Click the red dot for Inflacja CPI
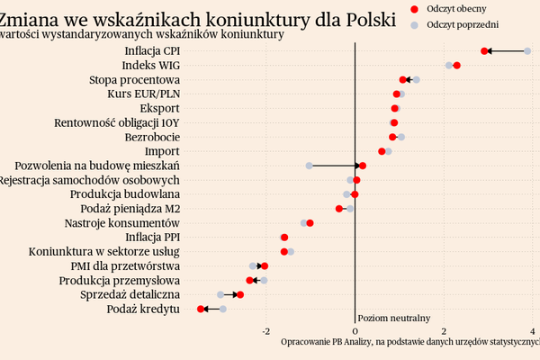click(485, 51)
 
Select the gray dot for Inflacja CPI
click(528, 51)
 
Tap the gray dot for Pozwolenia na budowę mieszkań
click(310, 166)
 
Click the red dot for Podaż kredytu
click(201, 309)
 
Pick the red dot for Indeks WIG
click(457, 66)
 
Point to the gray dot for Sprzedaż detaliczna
click(220, 294)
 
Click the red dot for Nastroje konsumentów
click(310, 222)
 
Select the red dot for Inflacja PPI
click(284, 238)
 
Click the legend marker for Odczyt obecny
click(414, 8)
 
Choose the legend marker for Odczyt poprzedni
click(414, 25)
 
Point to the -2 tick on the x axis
click(265, 330)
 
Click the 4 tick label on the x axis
click(533, 330)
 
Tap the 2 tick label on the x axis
click(444, 330)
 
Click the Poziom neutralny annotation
click(393, 318)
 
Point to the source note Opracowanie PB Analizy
click(325, 342)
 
